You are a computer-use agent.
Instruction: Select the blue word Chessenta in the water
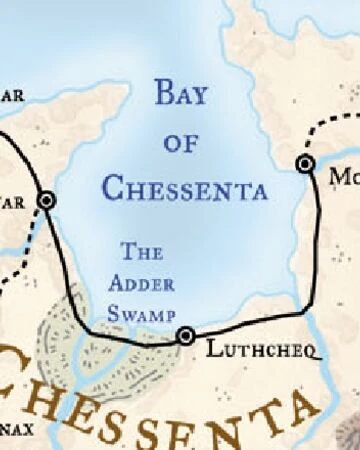point(185,187)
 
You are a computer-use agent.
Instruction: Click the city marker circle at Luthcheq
point(185,336)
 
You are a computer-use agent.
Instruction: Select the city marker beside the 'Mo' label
point(305,163)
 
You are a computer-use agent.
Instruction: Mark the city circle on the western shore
point(45,200)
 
